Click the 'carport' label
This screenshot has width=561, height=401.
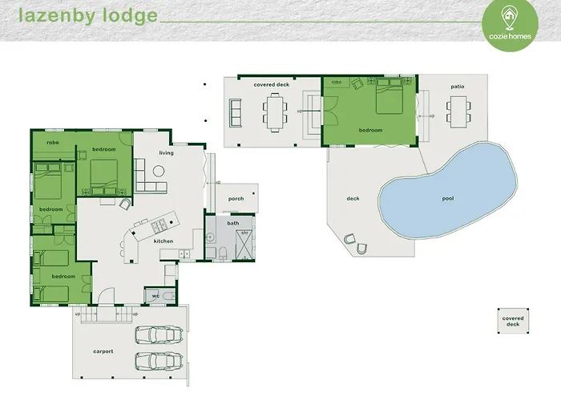(x=103, y=351)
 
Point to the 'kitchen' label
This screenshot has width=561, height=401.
(x=163, y=241)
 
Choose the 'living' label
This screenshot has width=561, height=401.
(x=166, y=152)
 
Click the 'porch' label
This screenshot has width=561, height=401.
(x=236, y=198)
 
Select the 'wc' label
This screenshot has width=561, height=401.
(x=155, y=295)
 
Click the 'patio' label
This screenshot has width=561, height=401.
(x=457, y=86)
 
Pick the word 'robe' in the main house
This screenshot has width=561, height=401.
(x=53, y=142)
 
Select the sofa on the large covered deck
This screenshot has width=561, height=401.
(x=236, y=111)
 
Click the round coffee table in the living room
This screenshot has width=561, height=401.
(x=159, y=169)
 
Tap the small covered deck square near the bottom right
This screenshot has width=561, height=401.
(x=512, y=320)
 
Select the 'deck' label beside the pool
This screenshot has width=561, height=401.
(x=353, y=198)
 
